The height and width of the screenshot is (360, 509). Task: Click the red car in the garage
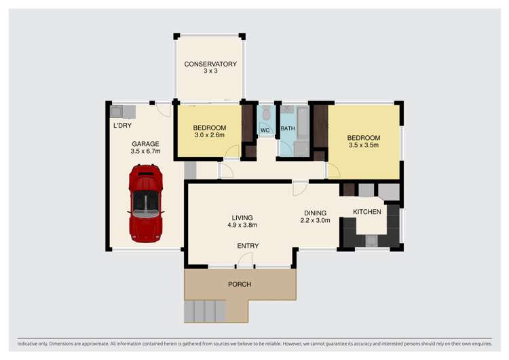(x=146, y=203)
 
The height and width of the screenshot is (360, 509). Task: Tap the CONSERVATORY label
(x=210, y=64)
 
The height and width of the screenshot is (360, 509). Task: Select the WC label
(x=265, y=130)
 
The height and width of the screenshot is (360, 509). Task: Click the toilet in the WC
(x=266, y=113)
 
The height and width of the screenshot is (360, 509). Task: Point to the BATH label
(x=288, y=128)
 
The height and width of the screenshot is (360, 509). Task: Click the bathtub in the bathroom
(x=303, y=122)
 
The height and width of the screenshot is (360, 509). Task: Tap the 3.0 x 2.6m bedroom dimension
(x=210, y=135)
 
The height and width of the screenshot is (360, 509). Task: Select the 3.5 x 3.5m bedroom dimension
(x=364, y=145)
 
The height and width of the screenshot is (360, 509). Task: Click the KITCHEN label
(x=366, y=212)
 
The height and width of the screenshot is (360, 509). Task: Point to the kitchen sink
(x=372, y=240)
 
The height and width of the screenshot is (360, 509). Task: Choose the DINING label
(x=315, y=213)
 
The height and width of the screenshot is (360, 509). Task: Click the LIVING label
(x=242, y=217)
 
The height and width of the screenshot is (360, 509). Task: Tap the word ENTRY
(x=248, y=246)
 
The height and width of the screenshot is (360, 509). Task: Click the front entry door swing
(x=245, y=260)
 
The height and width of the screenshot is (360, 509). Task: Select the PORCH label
(x=240, y=285)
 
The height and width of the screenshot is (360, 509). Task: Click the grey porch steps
(x=205, y=311)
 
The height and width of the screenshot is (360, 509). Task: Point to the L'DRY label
(x=122, y=126)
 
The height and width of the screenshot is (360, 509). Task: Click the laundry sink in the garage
(x=116, y=111)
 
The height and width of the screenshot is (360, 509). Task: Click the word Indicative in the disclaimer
(x=27, y=344)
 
